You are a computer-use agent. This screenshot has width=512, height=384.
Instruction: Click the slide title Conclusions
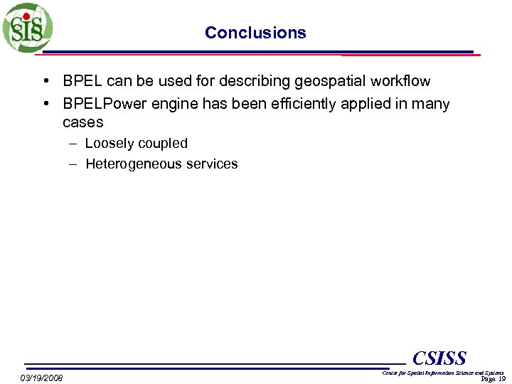(255, 33)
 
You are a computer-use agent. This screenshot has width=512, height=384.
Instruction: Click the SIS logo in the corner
(27, 27)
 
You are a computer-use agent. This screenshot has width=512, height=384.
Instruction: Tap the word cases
(82, 122)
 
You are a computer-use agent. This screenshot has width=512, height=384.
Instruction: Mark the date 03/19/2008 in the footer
(41, 378)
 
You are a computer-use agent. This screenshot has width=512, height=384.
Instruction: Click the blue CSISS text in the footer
(439, 358)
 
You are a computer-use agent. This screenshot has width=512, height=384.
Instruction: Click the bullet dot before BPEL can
(46, 81)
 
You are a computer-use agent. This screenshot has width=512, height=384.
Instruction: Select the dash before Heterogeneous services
(74, 164)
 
